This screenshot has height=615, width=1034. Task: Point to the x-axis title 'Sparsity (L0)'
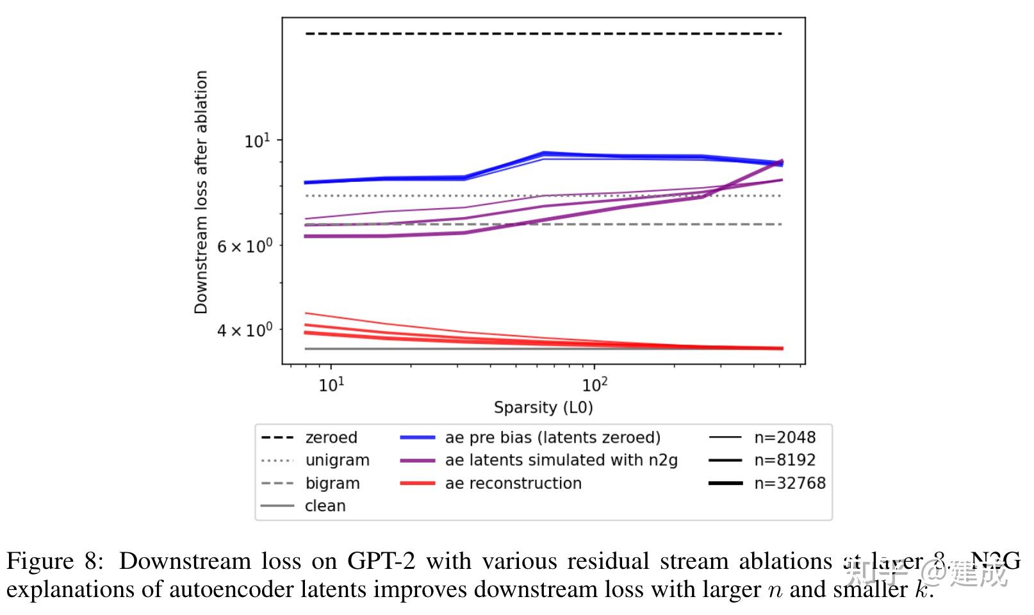coord(543,407)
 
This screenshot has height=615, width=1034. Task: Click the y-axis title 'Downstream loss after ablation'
coord(201,192)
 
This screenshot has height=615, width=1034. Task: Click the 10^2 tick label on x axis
coord(595,384)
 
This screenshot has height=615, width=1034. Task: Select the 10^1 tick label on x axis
coord(331,384)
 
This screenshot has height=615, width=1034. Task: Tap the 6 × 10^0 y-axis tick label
coord(244,246)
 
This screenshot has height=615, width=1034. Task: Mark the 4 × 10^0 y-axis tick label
coord(244,330)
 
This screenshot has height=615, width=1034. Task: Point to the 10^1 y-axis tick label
coord(258,140)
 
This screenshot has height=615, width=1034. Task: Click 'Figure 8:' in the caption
coord(54,561)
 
